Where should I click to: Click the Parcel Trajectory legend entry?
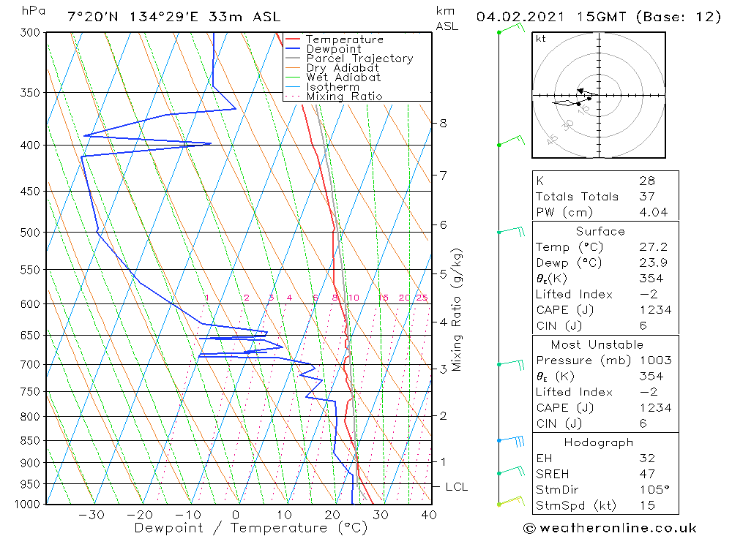click(x=359, y=58)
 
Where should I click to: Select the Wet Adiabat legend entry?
click(x=343, y=78)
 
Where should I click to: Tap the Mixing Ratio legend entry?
click(x=344, y=97)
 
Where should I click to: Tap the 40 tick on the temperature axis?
click(x=429, y=516)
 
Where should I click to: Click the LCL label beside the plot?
click(x=456, y=487)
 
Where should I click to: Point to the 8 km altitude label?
click(x=443, y=123)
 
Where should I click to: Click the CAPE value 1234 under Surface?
click(x=654, y=310)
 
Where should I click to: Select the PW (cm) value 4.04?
click(x=654, y=212)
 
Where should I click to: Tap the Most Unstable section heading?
click(x=597, y=344)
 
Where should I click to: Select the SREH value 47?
click(x=646, y=474)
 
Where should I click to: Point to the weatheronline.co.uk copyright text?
click(x=610, y=528)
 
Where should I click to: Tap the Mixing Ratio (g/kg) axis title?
click(x=457, y=309)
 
